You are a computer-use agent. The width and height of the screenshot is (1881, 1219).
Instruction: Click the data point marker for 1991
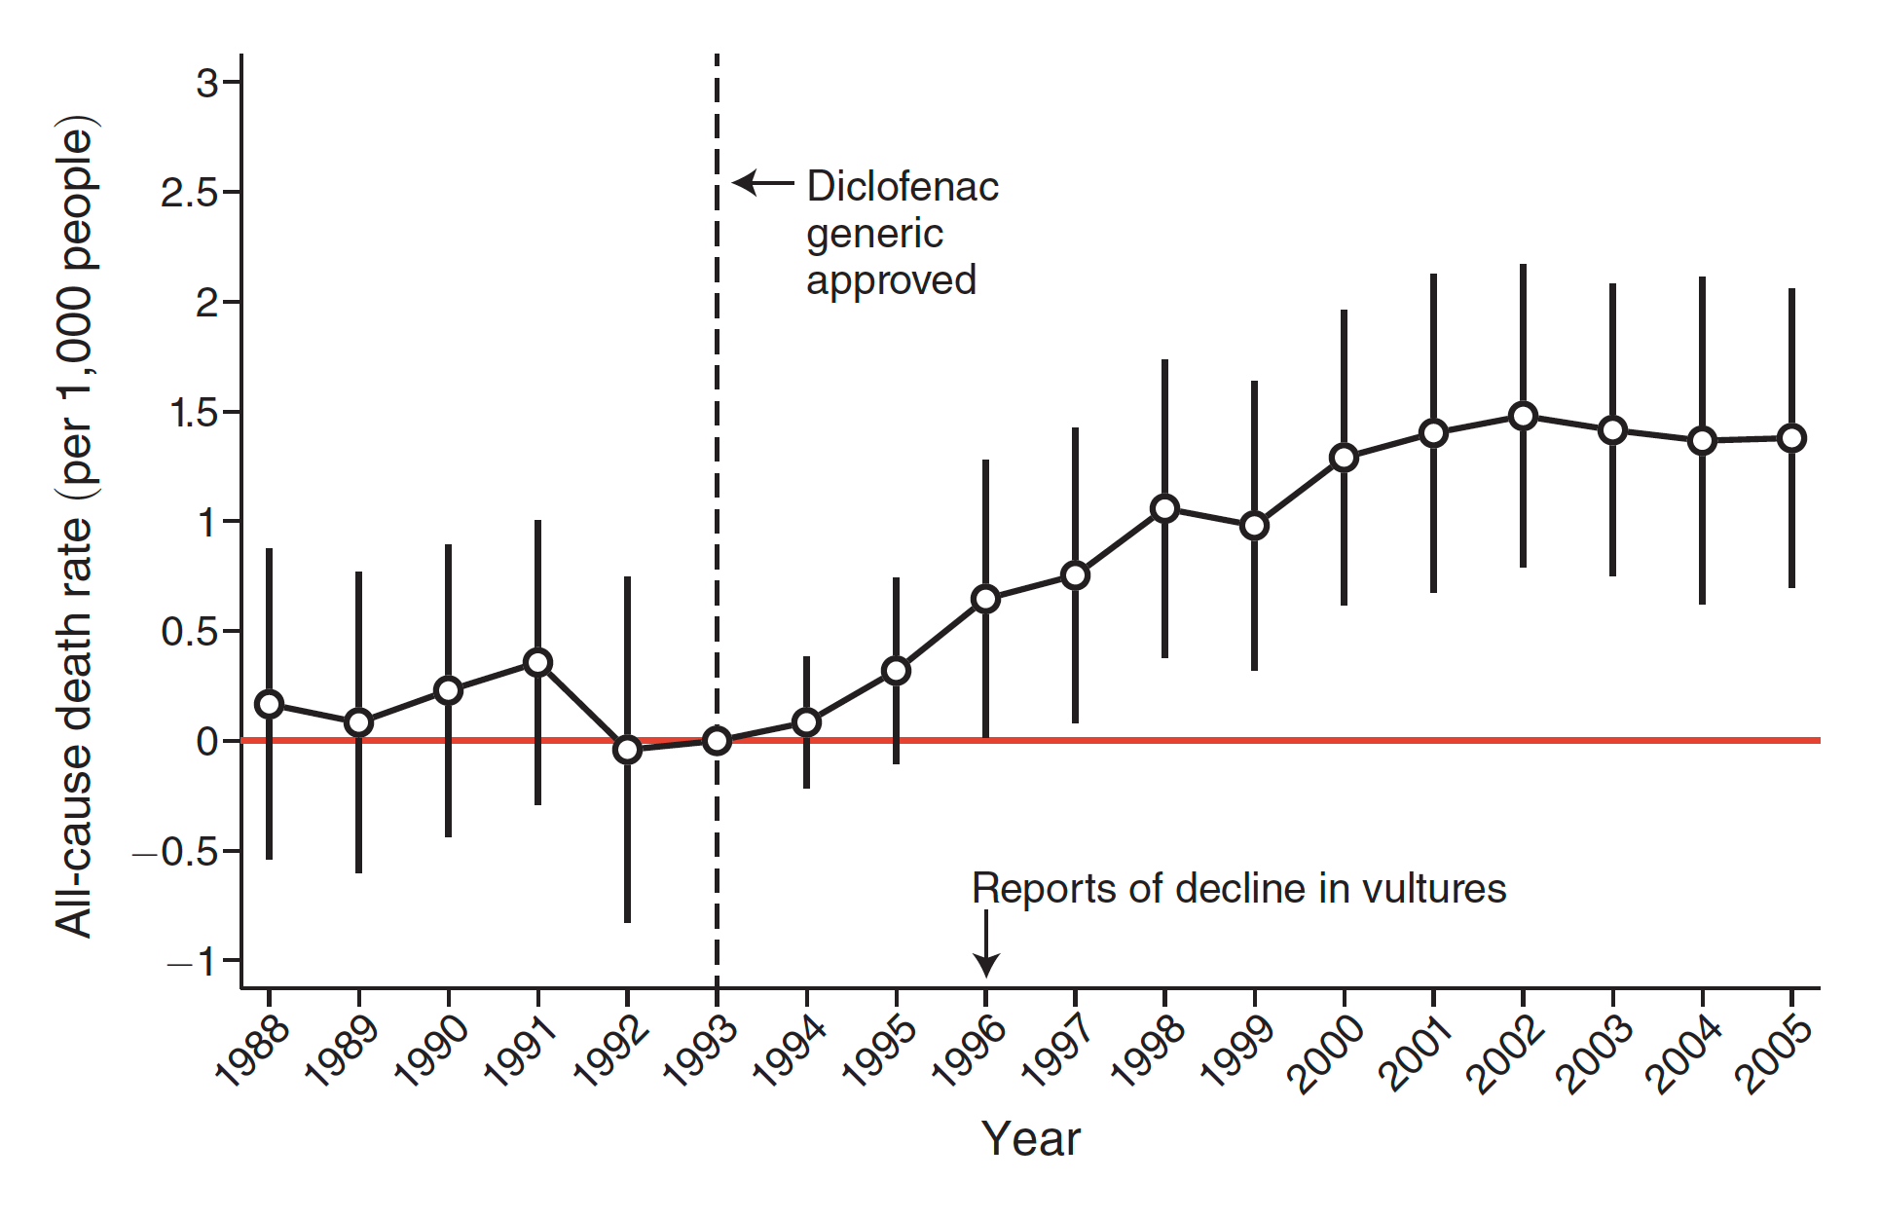tap(537, 663)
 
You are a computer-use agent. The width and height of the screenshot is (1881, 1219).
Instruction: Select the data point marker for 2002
tap(1523, 417)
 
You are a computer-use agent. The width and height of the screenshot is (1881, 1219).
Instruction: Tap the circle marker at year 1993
tap(717, 741)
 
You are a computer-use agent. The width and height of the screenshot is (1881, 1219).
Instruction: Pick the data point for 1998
tap(1164, 508)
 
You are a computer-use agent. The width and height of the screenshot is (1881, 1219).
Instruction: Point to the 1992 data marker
tap(627, 750)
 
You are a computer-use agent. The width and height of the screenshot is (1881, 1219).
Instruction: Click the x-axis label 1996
tap(970, 1051)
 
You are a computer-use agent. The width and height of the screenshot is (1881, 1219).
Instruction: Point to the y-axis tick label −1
tap(192, 962)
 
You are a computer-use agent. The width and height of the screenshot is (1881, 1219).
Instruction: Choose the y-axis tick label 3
tap(206, 84)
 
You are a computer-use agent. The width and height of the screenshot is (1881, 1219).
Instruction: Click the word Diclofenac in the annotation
tap(903, 187)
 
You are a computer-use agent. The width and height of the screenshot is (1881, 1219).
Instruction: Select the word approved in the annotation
tap(891, 280)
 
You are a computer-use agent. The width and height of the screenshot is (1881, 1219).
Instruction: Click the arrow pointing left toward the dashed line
tap(762, 183)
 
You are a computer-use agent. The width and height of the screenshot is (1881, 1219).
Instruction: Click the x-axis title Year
tap(1030, 1139)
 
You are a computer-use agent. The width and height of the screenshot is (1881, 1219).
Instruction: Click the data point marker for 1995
tap(896, 671)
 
